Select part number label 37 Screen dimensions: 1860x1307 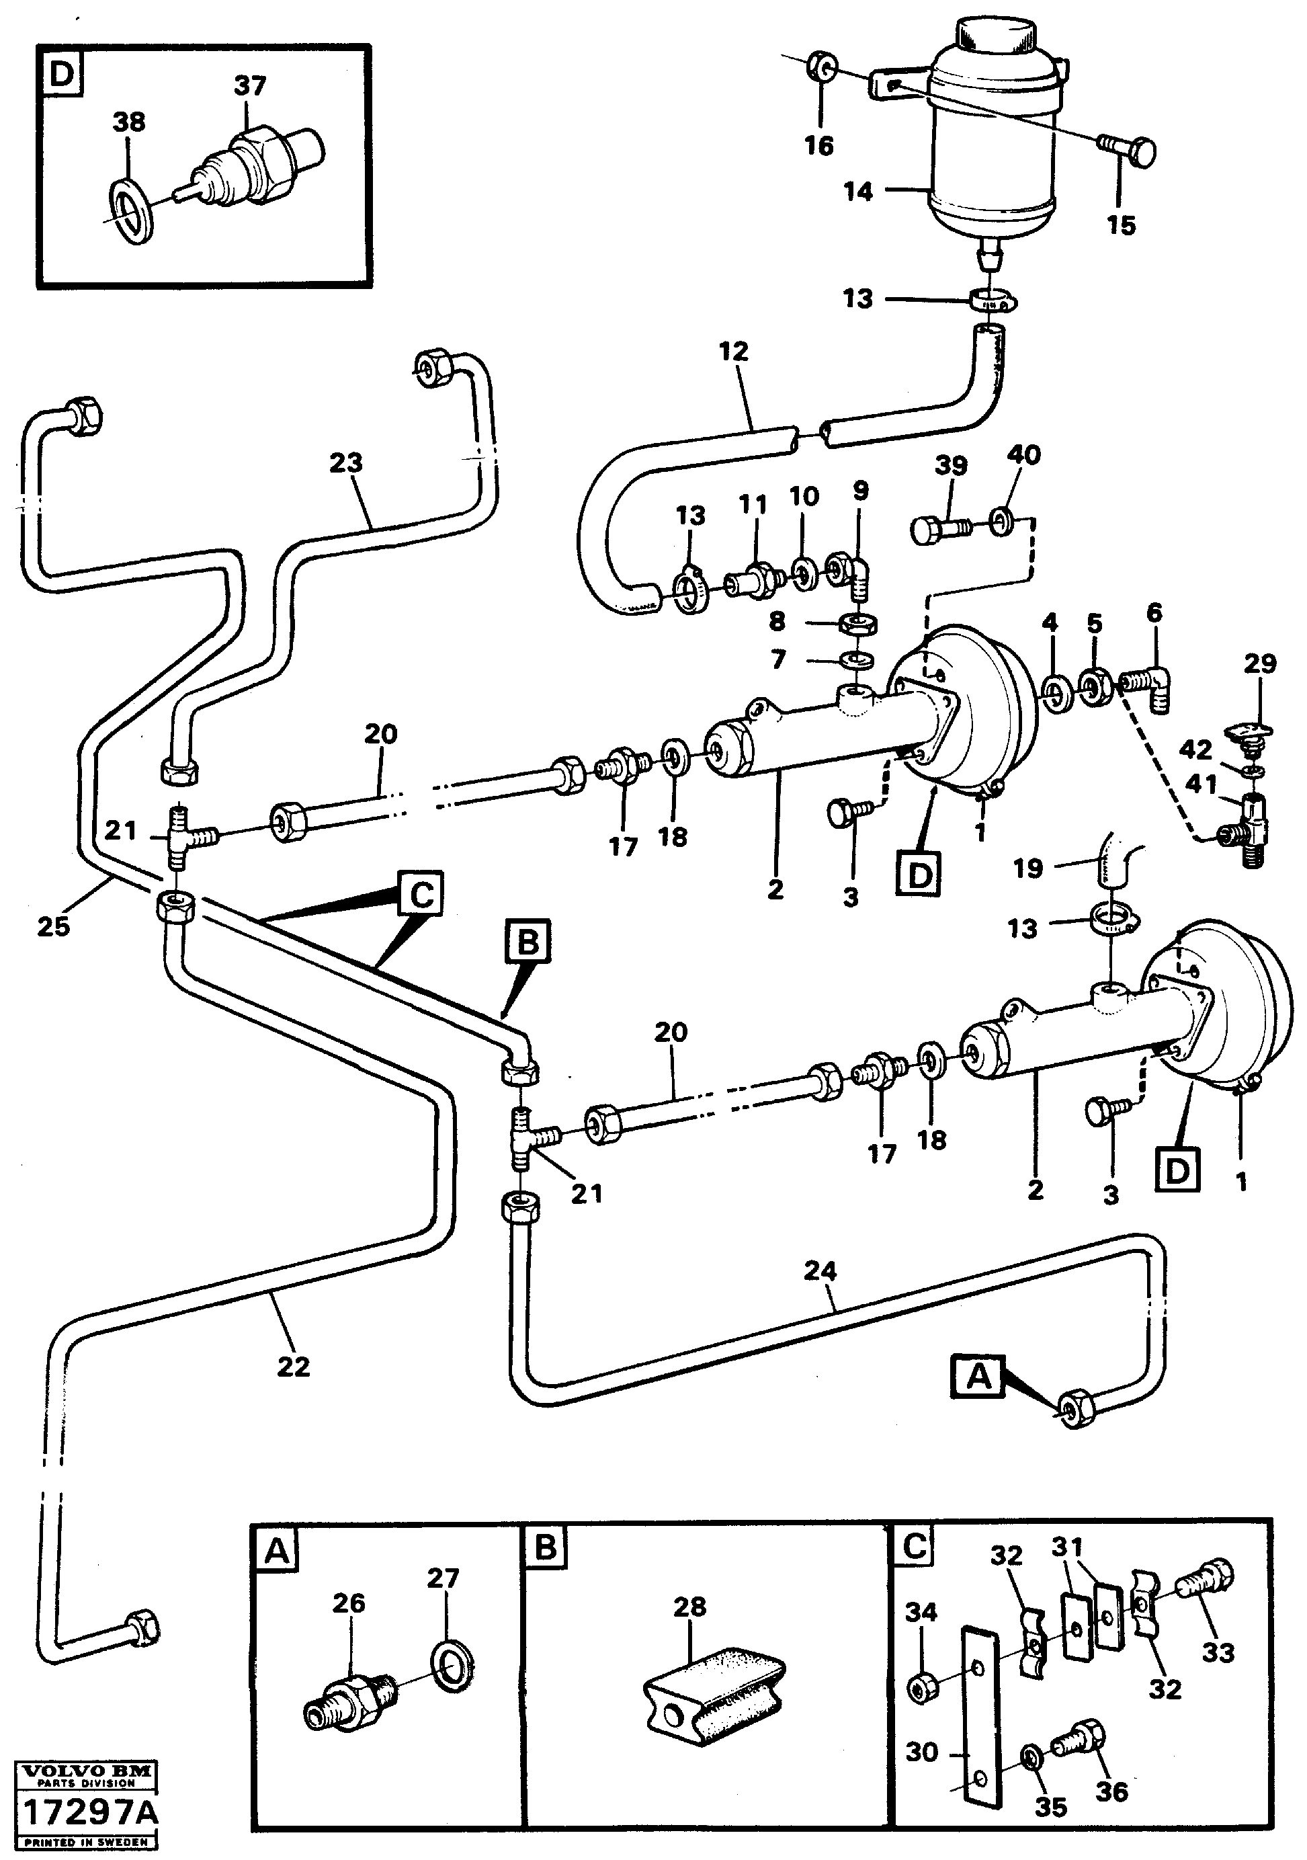click(249, 85)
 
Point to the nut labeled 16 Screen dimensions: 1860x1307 click(821, 69)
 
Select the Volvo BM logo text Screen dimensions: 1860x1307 click(87, 1773)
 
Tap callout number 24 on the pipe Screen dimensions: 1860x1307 click(820, 1271)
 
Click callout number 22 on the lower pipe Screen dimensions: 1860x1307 click(293, 1367)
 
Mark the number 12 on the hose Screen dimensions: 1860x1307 click(734, 352)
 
